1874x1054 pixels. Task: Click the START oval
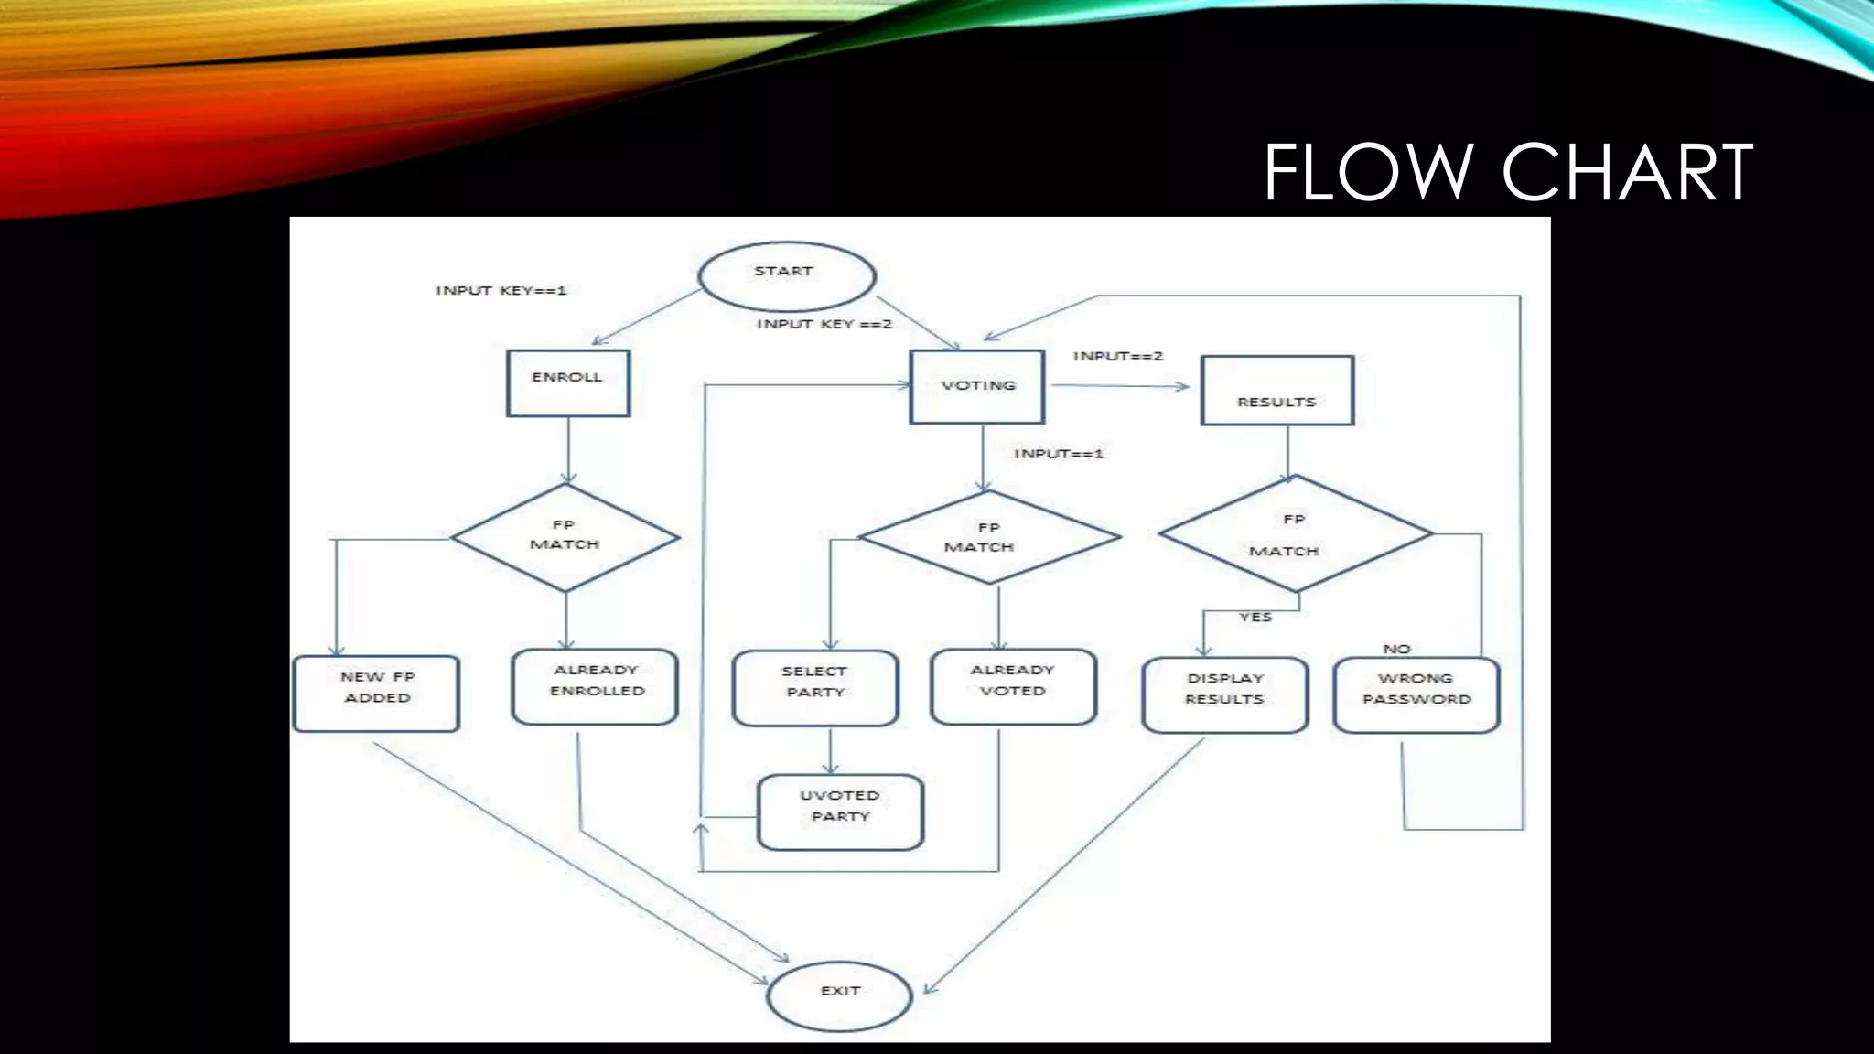pyautogui.click(x=786, y=275)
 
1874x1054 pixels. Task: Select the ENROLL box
pyautogui.click(x=568, y=383)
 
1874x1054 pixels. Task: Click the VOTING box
pyautogui.click(x=977, y=387)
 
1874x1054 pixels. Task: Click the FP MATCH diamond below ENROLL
pyautogui.click(x=565, y=537)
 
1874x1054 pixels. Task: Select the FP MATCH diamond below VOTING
pyautogui.click(x=987, y=538)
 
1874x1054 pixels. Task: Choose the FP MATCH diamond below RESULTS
pyautogui.click(x=1294, y=534)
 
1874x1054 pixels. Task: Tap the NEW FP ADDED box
pyautogui.click(x=376, y=694)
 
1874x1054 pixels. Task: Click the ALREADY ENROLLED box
pyautogui.click(x=595, y=687)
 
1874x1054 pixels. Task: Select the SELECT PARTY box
pyautogui.click(x=814, y=688)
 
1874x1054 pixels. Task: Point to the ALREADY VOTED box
pyautogui.click(x=1012, y=687)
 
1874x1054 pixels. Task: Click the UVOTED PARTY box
pyautogui.click(x=840, y=812)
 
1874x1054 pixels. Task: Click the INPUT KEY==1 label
pyautogui.click(x=501, y=291)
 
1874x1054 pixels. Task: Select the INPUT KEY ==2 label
pyautogui.click(x=824, y=324)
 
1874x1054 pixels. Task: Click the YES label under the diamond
pyautogui.click(x=1255, y=618)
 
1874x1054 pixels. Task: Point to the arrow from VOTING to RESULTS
pyautogui.click(x=1120, y=386)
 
